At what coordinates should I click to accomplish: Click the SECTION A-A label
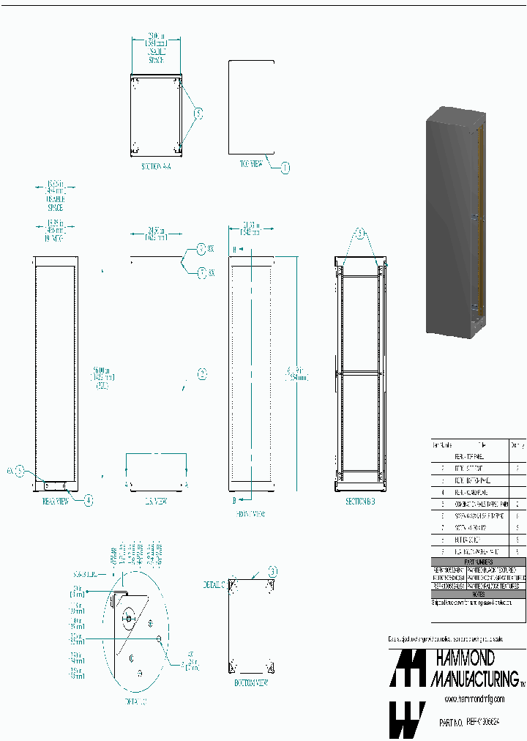click(x=155, y=167)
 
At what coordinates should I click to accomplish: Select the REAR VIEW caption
click(x=55, y=502)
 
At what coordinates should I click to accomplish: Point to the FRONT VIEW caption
click(x=250, y=514)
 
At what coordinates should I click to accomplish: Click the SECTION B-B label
click(x=360, y=502)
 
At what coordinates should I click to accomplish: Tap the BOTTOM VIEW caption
click(x=250, y=682)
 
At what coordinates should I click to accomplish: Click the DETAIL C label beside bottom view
click(x=214, y=585)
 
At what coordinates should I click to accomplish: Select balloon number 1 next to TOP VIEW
click(x=285, y=168)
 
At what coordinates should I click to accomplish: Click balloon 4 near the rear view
click(x=89, y=501)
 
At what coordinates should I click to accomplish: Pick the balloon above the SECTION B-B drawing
click(x=359, y=234)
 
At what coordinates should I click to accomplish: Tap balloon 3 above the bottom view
click(x=272, y=571)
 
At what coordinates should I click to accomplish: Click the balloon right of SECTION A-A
click(x=198, y=113)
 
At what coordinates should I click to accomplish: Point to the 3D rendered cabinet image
click(x=456, y=222)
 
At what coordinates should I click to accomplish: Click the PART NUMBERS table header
click(x=478, y=562)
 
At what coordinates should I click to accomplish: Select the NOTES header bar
click(x=478, y=594)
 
